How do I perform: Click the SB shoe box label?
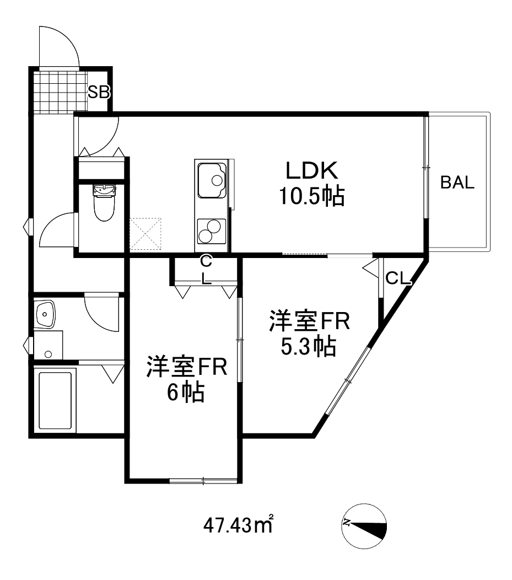(x=99, y=92)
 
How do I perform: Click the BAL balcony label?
(x=457, y=184)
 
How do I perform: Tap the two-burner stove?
(x=211, y=230)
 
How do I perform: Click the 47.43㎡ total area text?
(x=239, y=524)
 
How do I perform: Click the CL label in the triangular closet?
(x=398, y=279)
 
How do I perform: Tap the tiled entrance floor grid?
(x=61, y=90)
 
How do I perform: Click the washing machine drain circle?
(x=48, y=353)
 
